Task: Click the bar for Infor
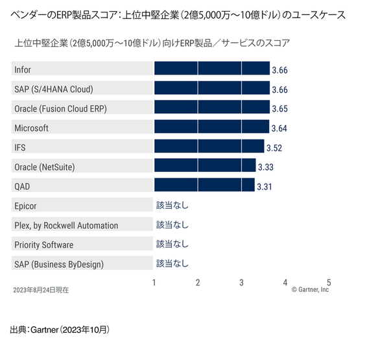coord(211,69)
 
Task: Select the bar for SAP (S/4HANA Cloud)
coord(211,89)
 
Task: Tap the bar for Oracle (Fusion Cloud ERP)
coord(211,108)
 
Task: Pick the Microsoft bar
coord(211,128)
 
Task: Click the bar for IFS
coord(209,147)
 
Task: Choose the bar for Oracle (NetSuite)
coord(205,167)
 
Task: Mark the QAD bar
coord(204,186)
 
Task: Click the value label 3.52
coord(274,148)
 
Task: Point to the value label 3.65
coord(279,109)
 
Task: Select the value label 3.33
coord(266,167)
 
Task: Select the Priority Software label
coord(43,245)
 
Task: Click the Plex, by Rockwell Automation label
coord(66,225)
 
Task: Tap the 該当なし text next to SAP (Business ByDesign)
coord(172,263)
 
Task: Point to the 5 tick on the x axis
coord(329,282)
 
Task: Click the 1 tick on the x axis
coord(154,282)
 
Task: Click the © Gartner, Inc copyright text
coord(310,290)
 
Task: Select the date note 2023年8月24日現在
coord(41,290)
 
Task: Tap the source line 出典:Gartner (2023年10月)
coord(60,330)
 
